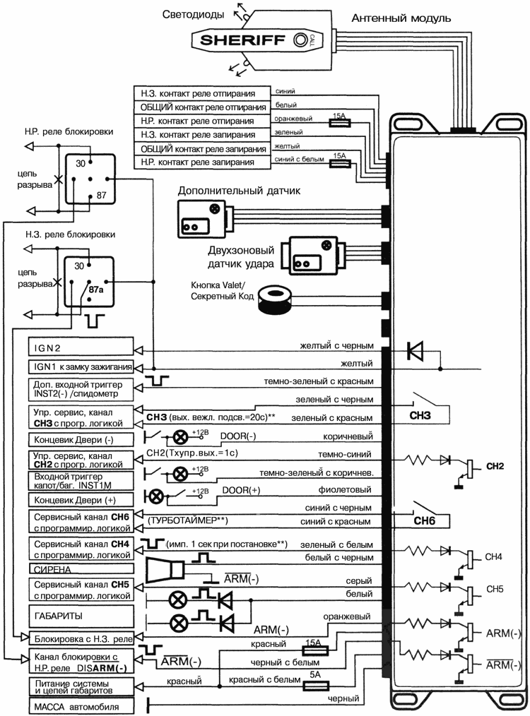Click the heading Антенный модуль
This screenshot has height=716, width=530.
click(x=401, y=17)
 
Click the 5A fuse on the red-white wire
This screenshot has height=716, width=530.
click(x=314, y=685)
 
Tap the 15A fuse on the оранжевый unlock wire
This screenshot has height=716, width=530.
click(x=341, y=121)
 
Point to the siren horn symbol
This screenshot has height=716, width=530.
click(x=166, y=568)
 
